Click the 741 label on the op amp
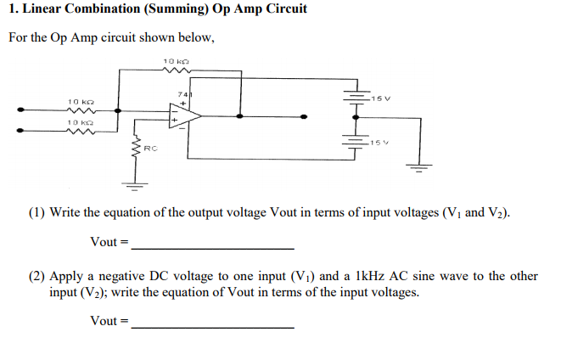182,93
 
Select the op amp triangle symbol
184,115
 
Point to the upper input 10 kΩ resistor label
80,101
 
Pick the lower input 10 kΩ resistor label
80,122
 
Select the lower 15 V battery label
379,142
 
